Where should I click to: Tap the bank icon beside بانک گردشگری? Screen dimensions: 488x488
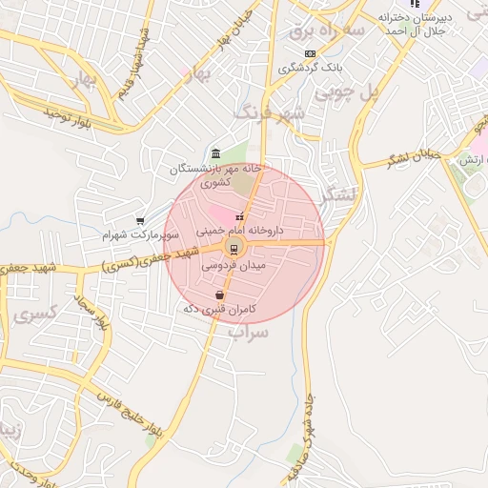tap(309, 54)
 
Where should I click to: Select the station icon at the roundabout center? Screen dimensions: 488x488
tap(231, 250)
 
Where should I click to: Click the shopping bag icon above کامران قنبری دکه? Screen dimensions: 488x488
tap(221, 295)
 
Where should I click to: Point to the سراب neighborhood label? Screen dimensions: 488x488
tap(251, 332)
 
